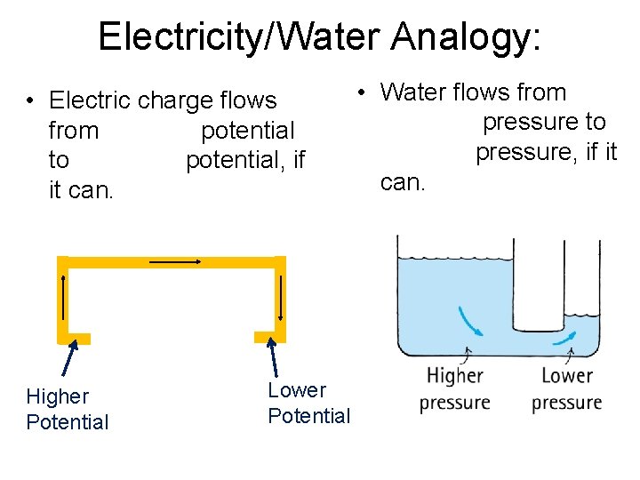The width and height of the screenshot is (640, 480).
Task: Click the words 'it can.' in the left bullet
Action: click(x=81, y=190)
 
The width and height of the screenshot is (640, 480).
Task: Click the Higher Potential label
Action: click(x=68, y=409)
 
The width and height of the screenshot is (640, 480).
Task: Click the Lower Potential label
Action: click(x=308, y=403)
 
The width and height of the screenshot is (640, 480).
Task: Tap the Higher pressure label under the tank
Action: click(x=454, y=389)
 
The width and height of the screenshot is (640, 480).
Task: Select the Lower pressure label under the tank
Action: click(x=566, y=389)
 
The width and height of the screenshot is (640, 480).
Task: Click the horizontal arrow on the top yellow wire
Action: click(x=175, y=261)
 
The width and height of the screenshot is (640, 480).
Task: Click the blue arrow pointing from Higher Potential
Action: click(x=69, y=360)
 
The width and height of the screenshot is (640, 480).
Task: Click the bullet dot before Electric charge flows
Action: click(x=30, y=101)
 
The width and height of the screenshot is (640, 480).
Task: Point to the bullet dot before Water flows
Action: click(x=363, y=92)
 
